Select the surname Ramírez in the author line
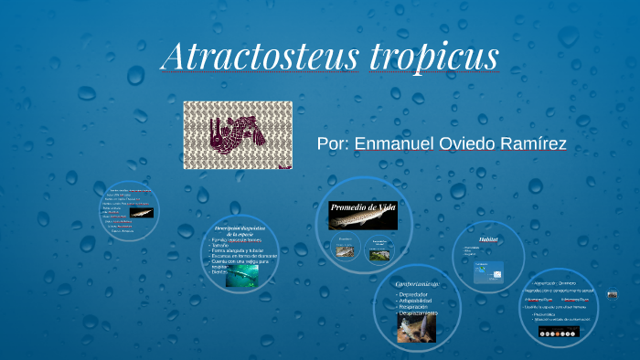pyautogui.click(x=528, y=144)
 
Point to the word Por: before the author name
pyautogui.click(x=333, y=144)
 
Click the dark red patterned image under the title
pyautogui.click(x=238, y=134)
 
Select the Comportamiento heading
pyautogui.click(x=418, y=285)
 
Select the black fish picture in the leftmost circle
pyautogui.click(x=141, y=213)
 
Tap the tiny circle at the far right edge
pyautogui.click(x=613, y=294)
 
